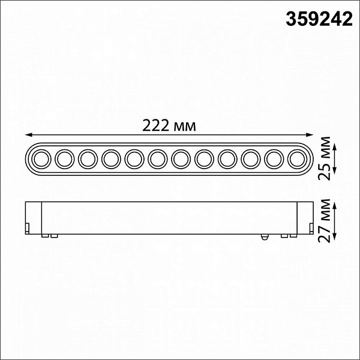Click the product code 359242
(319, 19)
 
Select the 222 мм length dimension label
(169, 126)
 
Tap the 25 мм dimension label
(324, 158)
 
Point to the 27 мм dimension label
(324, 221)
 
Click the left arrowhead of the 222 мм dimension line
(28, 135)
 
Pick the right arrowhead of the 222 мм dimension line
(310, 135)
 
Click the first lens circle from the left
(41, 159)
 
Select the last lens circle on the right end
(297, 159)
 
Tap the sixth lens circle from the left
(157, 159)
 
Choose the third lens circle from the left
(88, 159)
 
